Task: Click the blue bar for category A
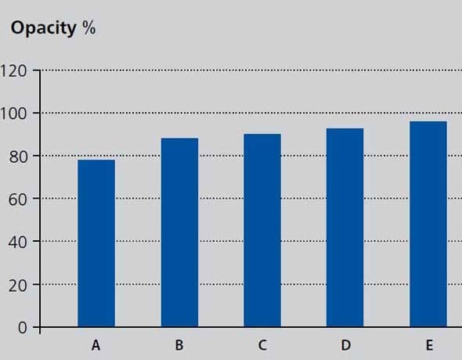[96, 243]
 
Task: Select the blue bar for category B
[179, 232]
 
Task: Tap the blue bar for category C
[262, 230]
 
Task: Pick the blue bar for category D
[345, 228]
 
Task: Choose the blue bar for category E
[428, 224]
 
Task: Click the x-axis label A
[96, 345]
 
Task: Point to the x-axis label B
[179, 345]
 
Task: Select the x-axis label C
[262, 345]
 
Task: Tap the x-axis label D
[345, 345]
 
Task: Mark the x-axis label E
[429, 345]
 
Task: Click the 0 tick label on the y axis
[23, 328]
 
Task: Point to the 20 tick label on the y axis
[18, 285]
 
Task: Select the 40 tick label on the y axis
[18, 243]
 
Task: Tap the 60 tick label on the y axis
[18, 200]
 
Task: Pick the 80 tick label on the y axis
[18, 157]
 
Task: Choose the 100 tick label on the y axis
[13, 114]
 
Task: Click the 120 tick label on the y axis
[13, 71]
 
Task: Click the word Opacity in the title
[44, 29]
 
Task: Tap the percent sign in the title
[89, 28]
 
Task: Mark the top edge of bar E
[428, 121]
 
